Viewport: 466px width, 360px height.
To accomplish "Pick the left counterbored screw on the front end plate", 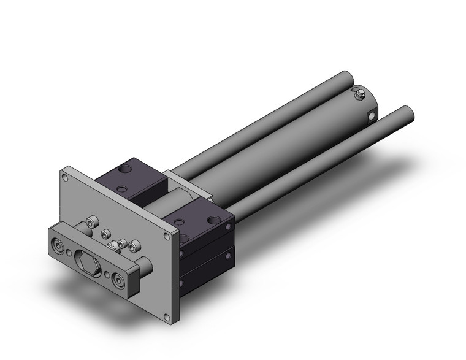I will tap(59, 247).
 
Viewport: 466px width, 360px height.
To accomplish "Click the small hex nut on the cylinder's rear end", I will tap(360, 93).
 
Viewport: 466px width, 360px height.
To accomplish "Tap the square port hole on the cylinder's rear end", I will tap(371, 115).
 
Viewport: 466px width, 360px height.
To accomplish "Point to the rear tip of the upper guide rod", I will tap(349, 79).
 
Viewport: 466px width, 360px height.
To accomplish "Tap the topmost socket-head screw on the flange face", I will tap(94, 223).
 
